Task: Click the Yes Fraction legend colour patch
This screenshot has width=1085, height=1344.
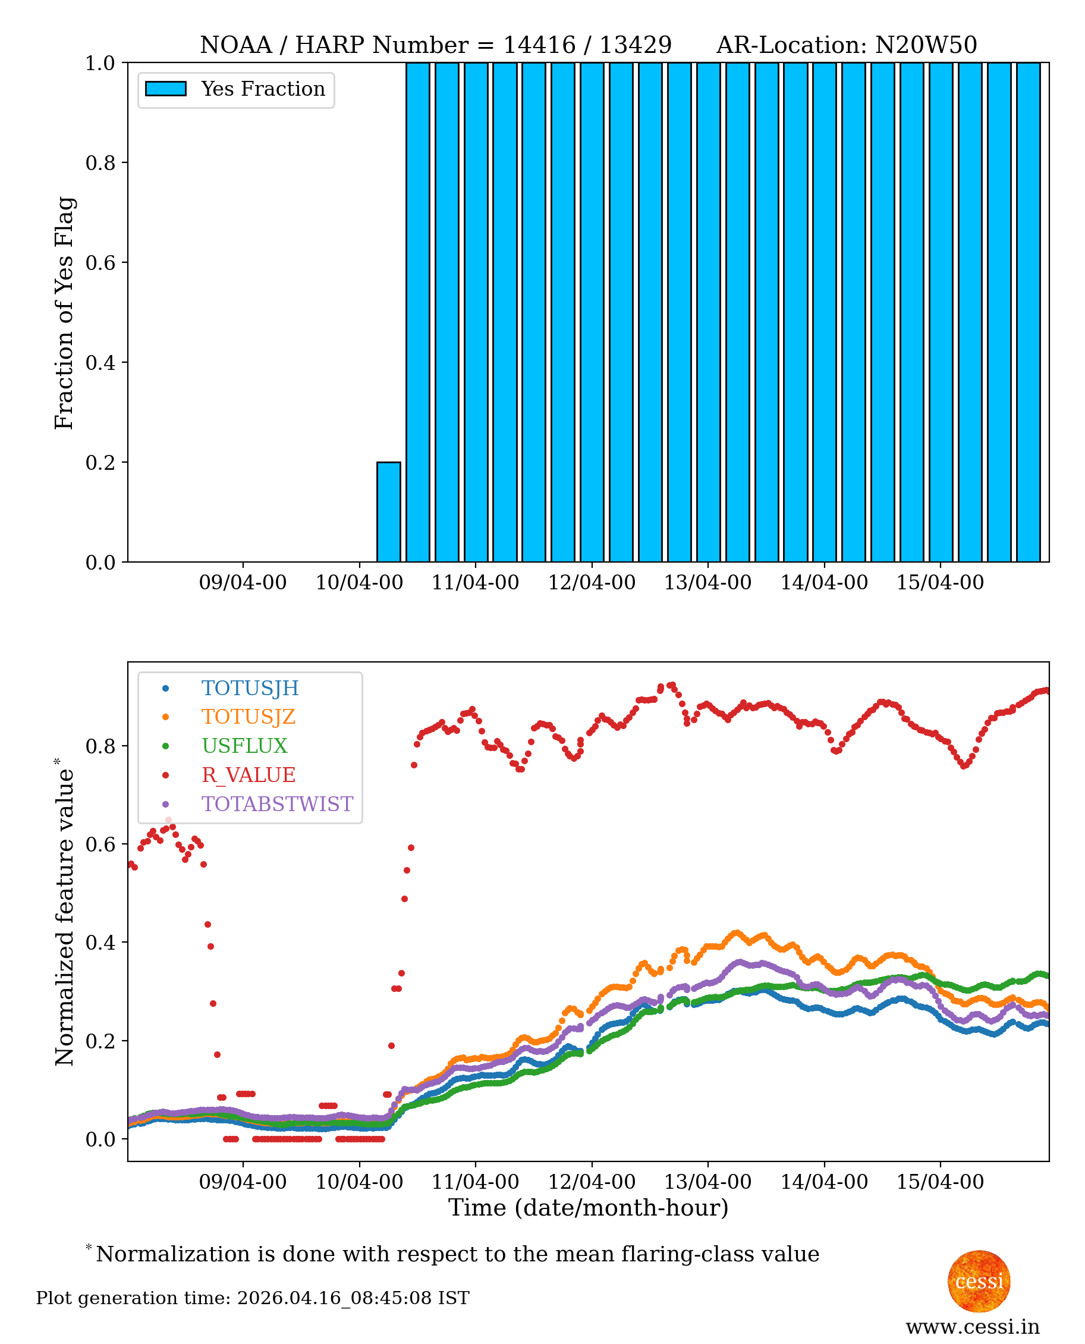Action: tap(166, 89)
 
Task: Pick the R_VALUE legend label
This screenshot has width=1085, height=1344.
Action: tap(248, 775)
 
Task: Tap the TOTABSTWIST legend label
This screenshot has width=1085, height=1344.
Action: tap(277, 804)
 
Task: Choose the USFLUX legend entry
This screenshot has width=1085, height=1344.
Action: tap(244, 746)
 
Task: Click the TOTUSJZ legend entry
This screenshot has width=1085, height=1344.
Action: tap(248, 717)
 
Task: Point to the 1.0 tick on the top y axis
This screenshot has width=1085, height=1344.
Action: tap(100, 63)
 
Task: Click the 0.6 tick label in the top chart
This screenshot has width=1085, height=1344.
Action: tap(100, 262)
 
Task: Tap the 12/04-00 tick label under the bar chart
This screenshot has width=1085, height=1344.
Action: tap(591, 583)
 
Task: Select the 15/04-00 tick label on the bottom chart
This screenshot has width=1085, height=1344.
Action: tap(940, 1182)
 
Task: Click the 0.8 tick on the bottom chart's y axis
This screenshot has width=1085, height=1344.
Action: tap(100, 746)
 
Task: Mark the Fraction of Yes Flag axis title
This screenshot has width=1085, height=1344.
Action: tap(64, 313)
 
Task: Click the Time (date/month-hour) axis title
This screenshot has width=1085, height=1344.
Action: tap(588, 1208)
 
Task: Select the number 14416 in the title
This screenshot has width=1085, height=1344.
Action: tap(539, 45)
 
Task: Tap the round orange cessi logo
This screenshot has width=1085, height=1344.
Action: tap(979, 1281)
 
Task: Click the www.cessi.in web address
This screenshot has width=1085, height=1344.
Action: tap(973, 1327)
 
